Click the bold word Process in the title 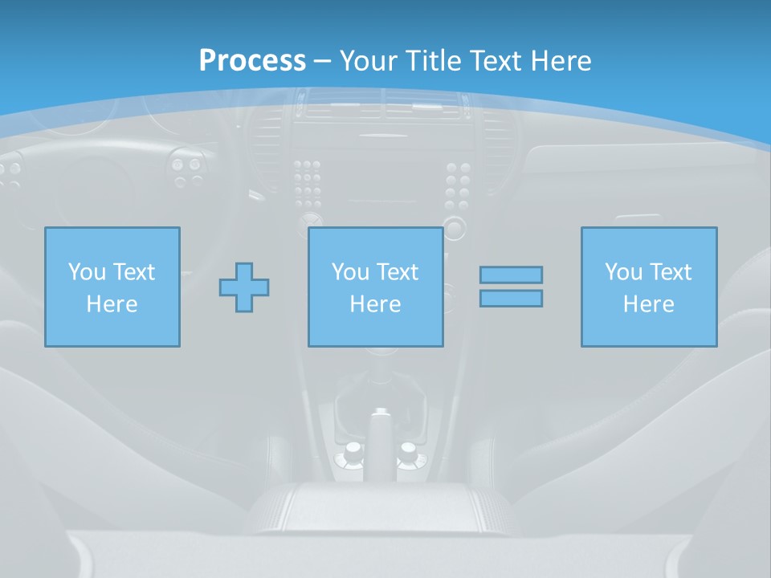pyautogui.click(x=252, y=60)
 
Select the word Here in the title pyautogui.click(x=560, y=60)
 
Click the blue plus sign pyautogui.click(x=244, y=287)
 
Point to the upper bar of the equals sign pyautogui.click(x=511, y=275)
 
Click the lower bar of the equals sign pyautogui.click(x=511, y=298)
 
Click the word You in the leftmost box pyautogui.click(x=87, y=271)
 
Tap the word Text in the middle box pyautogui.click(x=397, y=271)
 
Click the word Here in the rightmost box pyautogui.click(x=649, y=304)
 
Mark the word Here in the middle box pyautogui.click(x=375, y=304)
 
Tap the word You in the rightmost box pyautogui.click(x=624, y=271)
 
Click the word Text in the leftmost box pyautogui.click(x=133, y=271)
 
